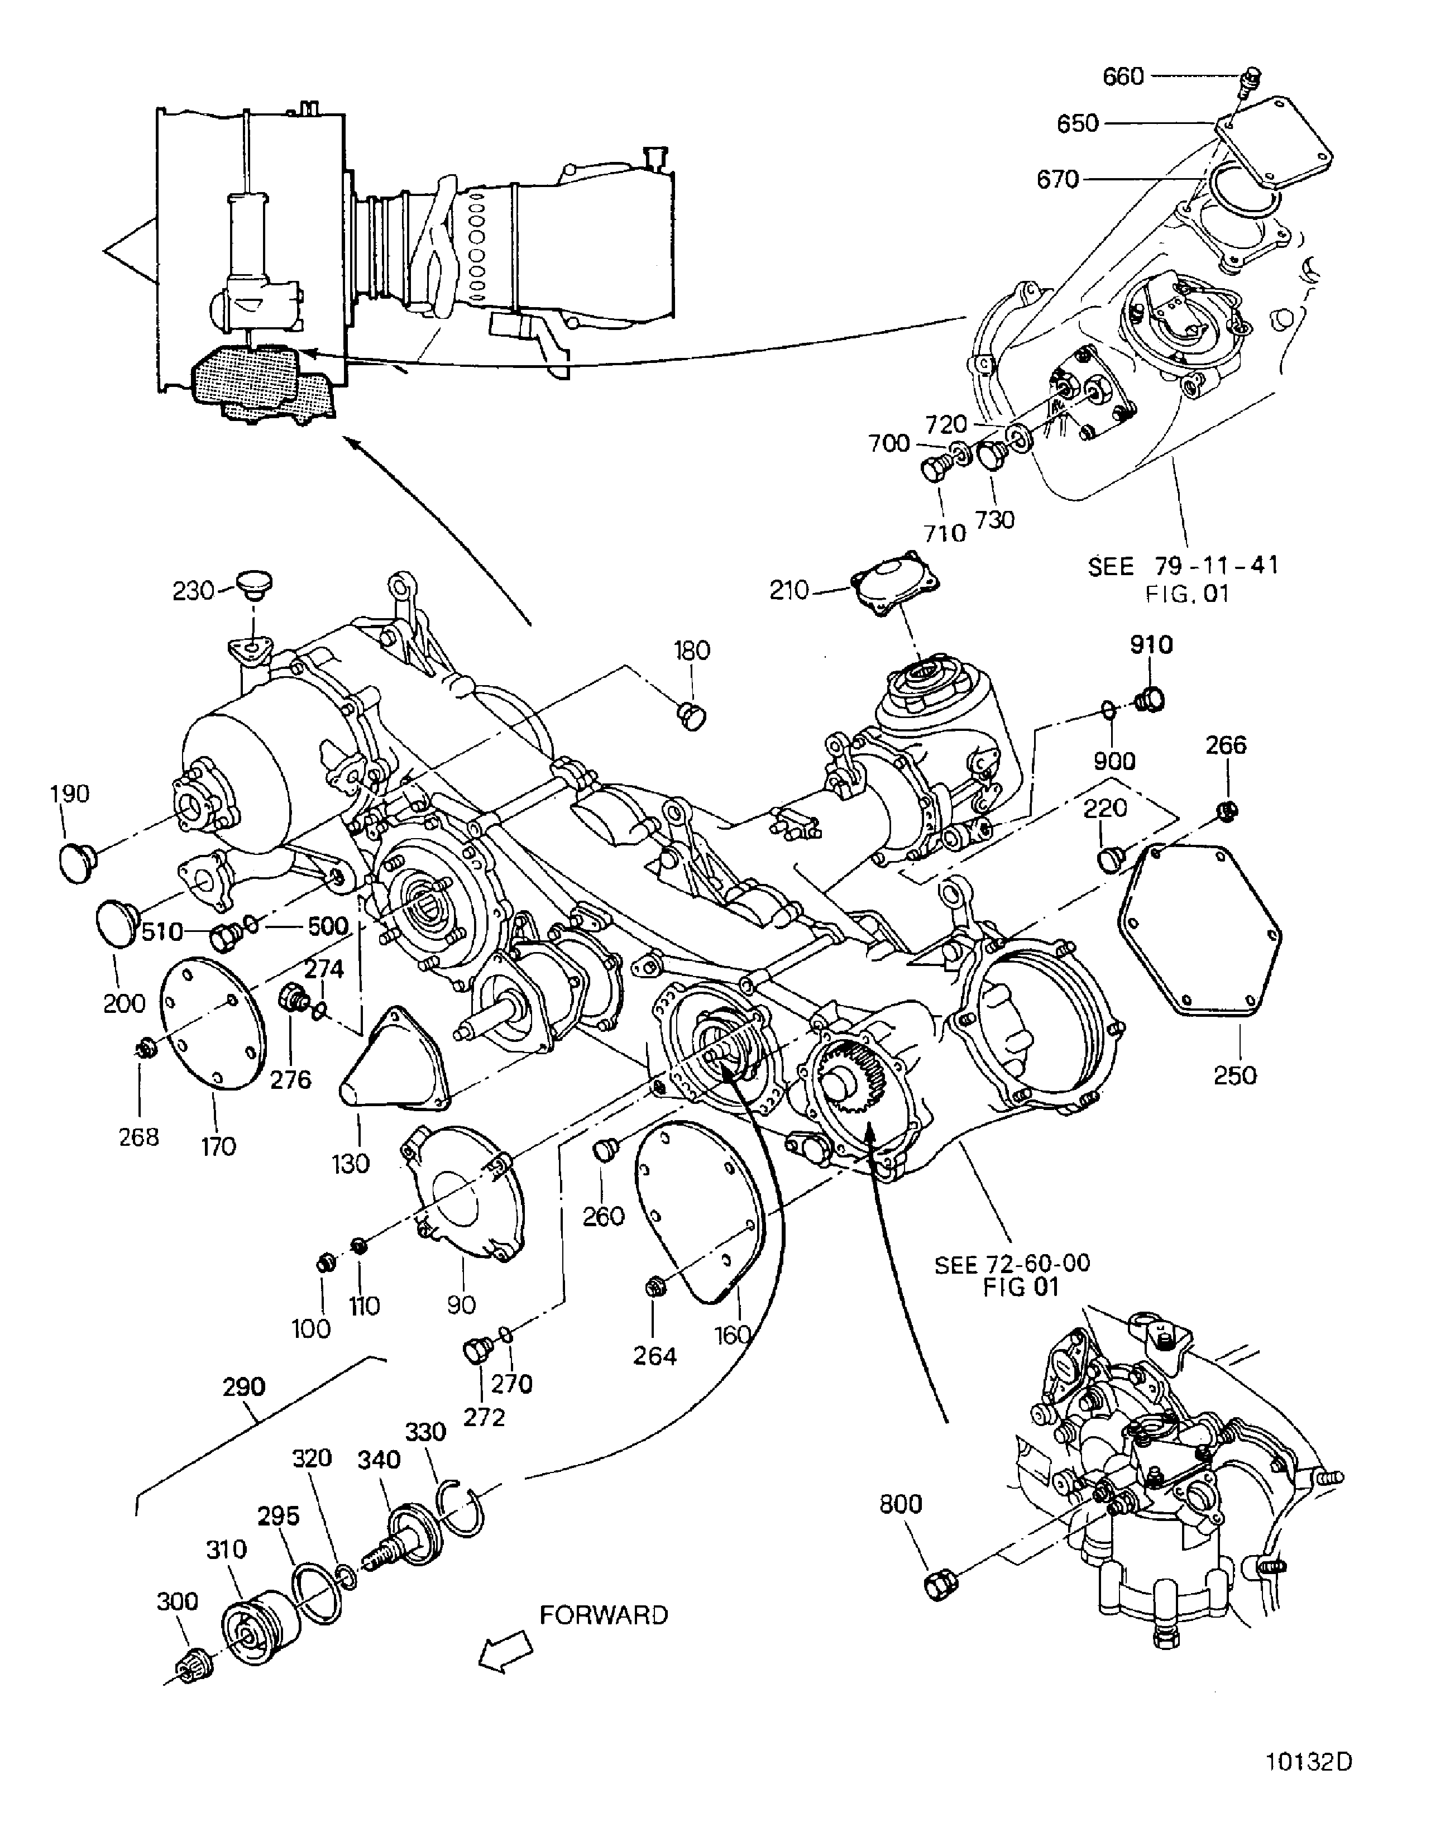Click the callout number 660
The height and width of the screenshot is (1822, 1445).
click(1122, 77)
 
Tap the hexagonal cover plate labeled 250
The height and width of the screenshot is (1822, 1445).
click(1200, 930)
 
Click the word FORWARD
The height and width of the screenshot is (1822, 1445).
click(604, 1615)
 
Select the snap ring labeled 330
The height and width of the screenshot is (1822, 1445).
click(461, 1510)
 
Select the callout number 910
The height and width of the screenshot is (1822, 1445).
click(1150, 645)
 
